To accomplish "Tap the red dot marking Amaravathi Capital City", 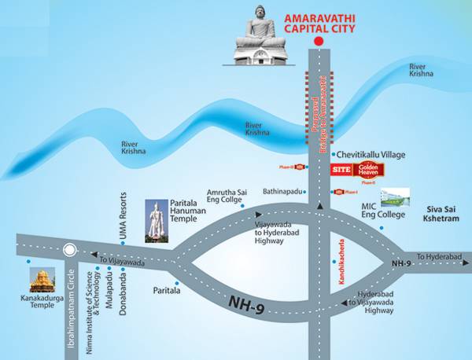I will coord(318,41).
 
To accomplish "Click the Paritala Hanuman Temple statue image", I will coord(157,219).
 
